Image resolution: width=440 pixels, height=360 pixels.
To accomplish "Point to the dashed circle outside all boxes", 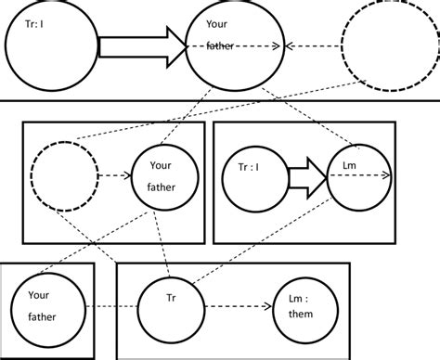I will (x=380, y=46).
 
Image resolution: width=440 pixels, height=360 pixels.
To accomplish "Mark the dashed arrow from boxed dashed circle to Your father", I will (x=113, y=174).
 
